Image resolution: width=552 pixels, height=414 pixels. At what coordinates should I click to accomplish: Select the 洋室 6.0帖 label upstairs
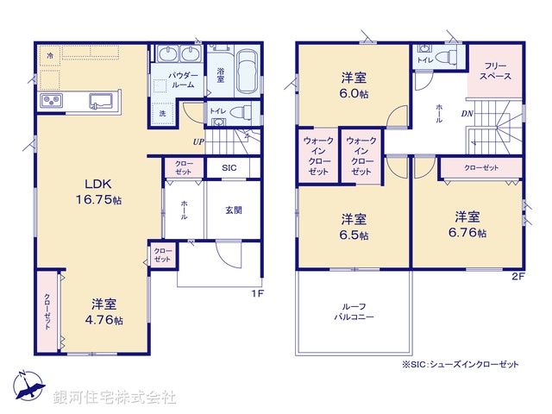[354, 83]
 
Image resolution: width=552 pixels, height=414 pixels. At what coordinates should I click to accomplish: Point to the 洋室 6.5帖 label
[354, 227]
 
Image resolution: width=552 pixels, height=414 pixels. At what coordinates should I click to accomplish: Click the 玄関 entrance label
[234, 210]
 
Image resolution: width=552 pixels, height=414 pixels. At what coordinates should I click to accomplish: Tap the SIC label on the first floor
[229, 167]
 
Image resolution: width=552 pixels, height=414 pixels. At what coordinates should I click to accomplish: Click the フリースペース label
[495, 71]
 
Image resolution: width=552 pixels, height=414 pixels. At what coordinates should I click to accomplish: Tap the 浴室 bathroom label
[221, 75]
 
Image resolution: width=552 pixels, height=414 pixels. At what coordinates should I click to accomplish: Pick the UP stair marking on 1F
[198, 141]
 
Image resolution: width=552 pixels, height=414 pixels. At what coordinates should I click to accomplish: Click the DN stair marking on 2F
[467, 114]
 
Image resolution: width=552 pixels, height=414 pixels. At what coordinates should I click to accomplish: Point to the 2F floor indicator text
[517, 276]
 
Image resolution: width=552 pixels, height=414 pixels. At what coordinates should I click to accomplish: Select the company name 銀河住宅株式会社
[116, 398]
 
